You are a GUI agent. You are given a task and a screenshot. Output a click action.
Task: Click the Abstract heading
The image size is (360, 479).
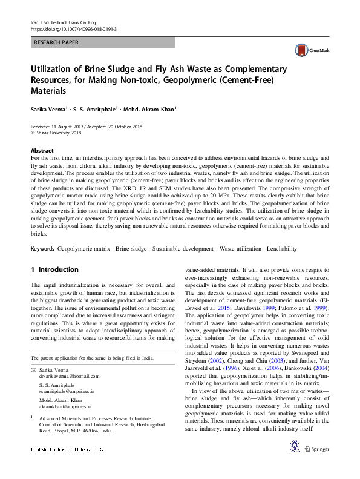(42, 150)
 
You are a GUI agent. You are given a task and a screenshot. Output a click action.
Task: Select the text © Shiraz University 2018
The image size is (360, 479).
(55, 131)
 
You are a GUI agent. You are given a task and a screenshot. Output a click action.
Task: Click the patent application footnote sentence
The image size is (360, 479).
(94, 358)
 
